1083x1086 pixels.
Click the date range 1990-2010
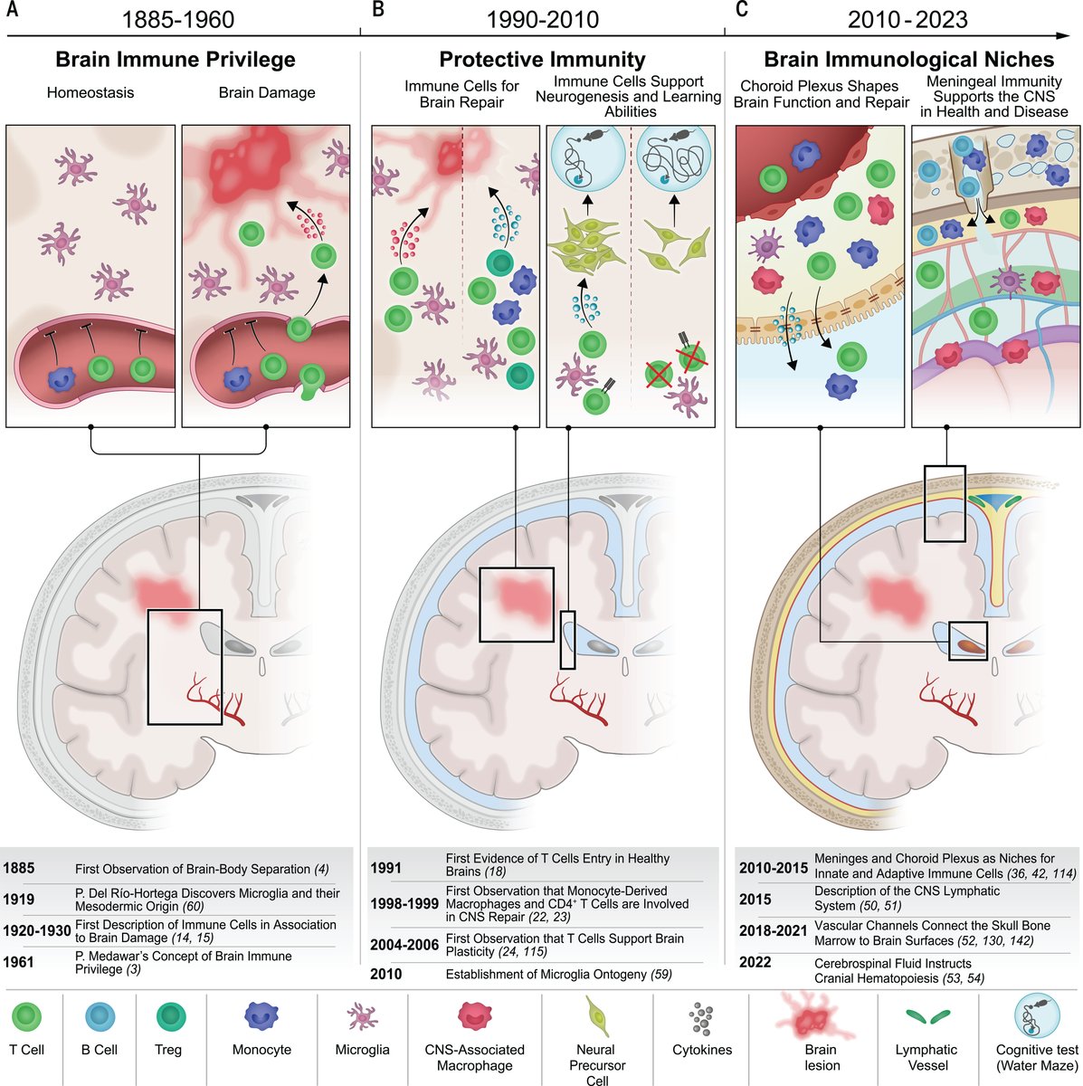(x=542, y=19)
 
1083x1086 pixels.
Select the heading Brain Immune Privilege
(x=176, y=60)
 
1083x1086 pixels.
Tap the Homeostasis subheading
(x=90, y=92)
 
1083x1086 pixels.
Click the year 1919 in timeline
(x=18, y=899)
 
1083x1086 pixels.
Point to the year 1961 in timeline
(x=18, y=961)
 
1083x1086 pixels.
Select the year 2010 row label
(x=386, y=975)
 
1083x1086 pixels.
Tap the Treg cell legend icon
(x=168, y=1017)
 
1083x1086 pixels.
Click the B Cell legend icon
(x=99, y=1017)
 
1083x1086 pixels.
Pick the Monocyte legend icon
(x=261, y=1016)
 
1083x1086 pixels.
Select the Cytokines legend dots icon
(x=701, y=1017)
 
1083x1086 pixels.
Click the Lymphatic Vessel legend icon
(x=925, y=1017)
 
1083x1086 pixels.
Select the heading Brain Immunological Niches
(x=908, y=60)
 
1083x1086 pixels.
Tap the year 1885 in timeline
(x=18, y=869)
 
